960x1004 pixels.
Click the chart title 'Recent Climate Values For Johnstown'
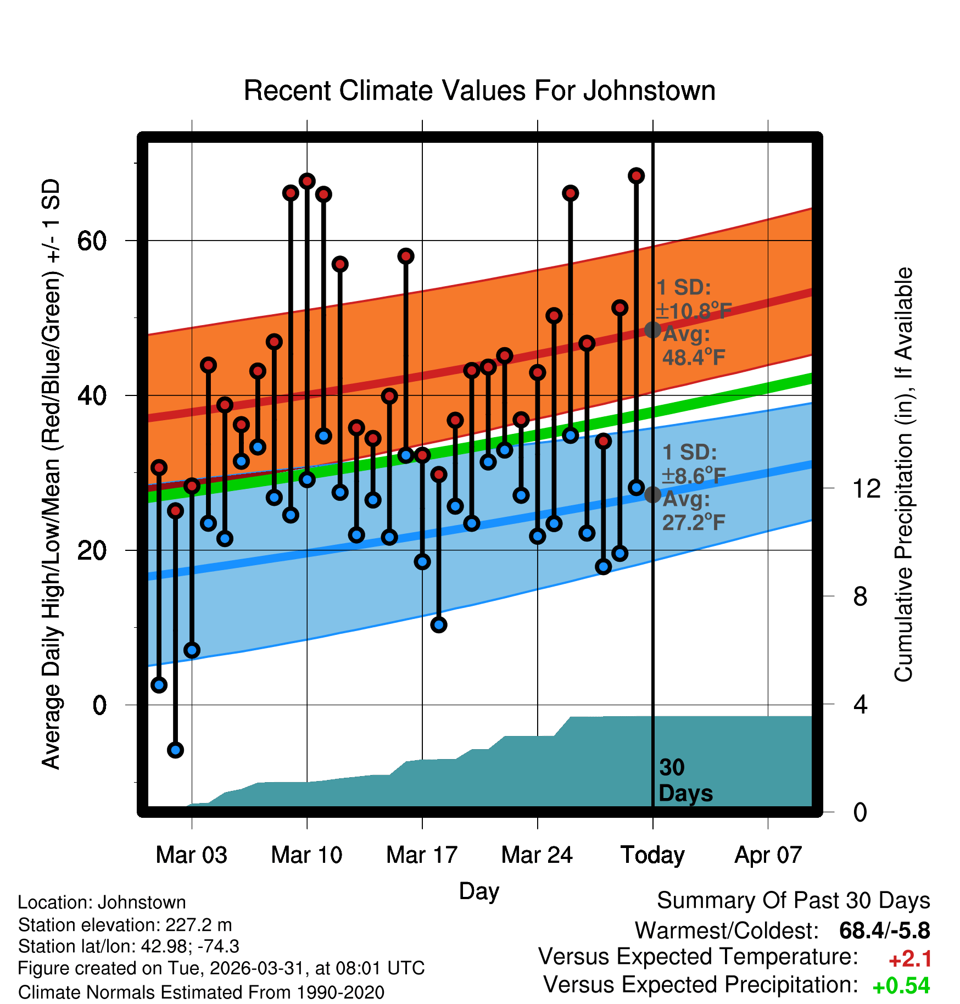(x=479, y=91)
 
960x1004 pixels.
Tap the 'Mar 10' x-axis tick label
(x=306, y=855)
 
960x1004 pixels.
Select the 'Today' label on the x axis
(x=652, y=855)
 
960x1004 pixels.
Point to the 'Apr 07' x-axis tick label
(x=768, y=855)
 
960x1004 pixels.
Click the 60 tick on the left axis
(x=92, y=241)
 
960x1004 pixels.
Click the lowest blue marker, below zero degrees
(x=175, y=750)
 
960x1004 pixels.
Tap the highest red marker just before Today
(x=636, y=176)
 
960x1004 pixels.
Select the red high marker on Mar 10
(x=307, y=181)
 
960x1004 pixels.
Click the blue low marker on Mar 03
(x=192, y=650)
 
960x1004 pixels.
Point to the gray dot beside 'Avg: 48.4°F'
(x=652, y=330)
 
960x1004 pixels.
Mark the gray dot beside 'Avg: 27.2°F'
(x=652, y=494)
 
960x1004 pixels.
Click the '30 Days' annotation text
(x=685, y=780)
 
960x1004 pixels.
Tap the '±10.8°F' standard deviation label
(x=694, y=311)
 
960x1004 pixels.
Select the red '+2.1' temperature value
(x=910, y=959)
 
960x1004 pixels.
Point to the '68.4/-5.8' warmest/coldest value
(x=885, y=931)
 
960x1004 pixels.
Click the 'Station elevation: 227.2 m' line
(x=125, y=925)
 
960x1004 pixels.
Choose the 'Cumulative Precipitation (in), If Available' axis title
(x=903, y=475)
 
